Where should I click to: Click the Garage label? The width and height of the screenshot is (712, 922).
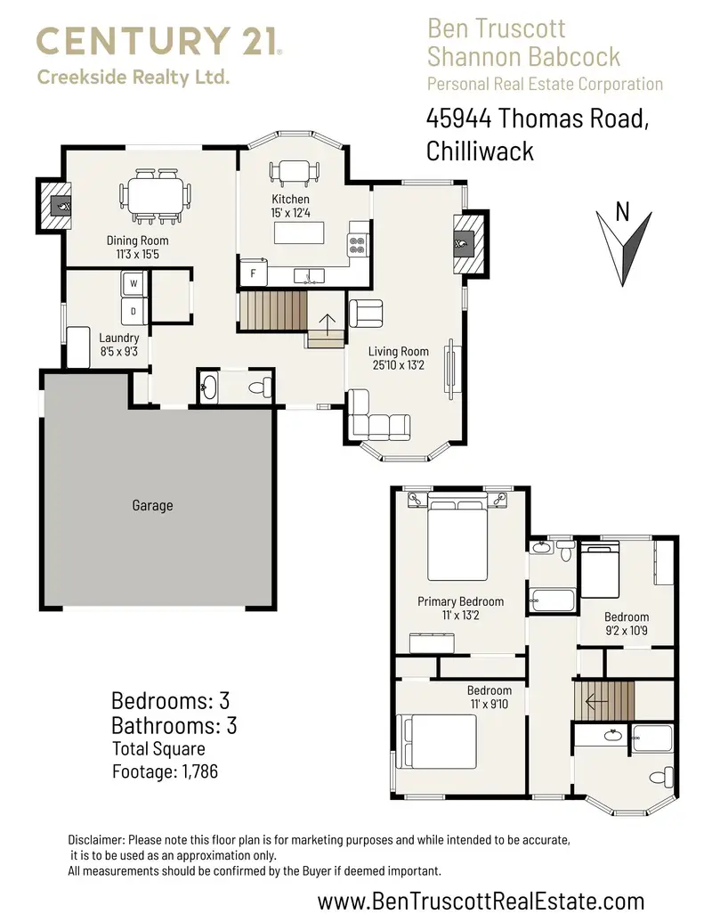pos(152,505)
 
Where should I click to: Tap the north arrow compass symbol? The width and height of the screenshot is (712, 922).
pos(623,242)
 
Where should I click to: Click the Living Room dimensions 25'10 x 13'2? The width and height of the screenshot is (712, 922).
pos(398,364)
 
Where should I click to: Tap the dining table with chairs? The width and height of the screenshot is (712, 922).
pos(157,197)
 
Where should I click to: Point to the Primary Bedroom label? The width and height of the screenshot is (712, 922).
pos(460,601)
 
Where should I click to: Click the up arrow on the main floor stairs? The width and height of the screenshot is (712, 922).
pos(327,323)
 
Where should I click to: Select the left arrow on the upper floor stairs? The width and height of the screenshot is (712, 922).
pos(591,700)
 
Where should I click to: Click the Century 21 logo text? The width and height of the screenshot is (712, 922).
pos(159,42)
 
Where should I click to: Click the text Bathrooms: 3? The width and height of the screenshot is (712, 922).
pos(174,724)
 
